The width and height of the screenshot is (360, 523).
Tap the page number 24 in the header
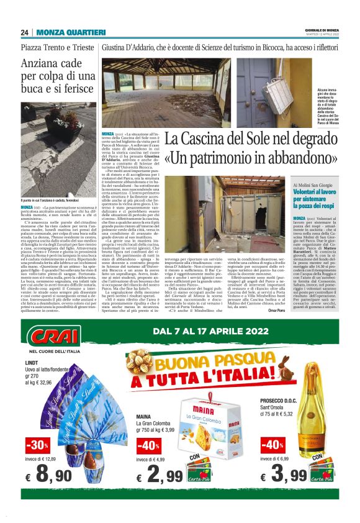24,32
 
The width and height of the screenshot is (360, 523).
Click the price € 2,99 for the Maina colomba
159,476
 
